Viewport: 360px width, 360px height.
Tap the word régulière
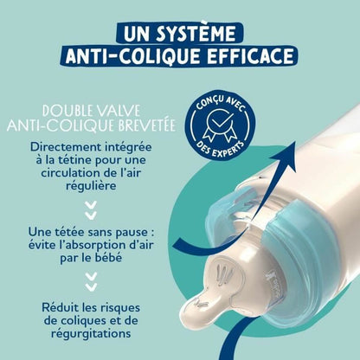pyautogui.click(x=89, y=193)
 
